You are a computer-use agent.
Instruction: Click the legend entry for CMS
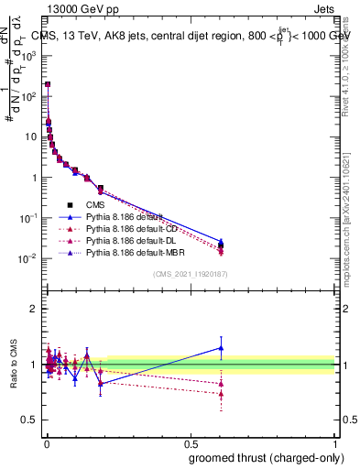[95, 205]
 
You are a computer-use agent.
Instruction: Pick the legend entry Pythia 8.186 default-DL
[129, 239]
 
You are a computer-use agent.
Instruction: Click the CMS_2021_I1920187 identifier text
[190, 275]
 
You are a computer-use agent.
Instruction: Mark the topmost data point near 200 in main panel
[48, 84]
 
